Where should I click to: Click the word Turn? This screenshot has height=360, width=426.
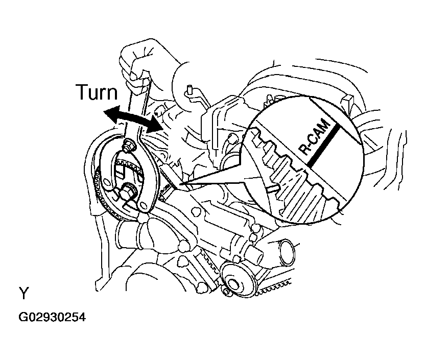(97, 93)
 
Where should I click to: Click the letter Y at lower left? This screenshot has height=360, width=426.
(23, 294)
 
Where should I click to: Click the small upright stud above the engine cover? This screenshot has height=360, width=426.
(190, 91)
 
